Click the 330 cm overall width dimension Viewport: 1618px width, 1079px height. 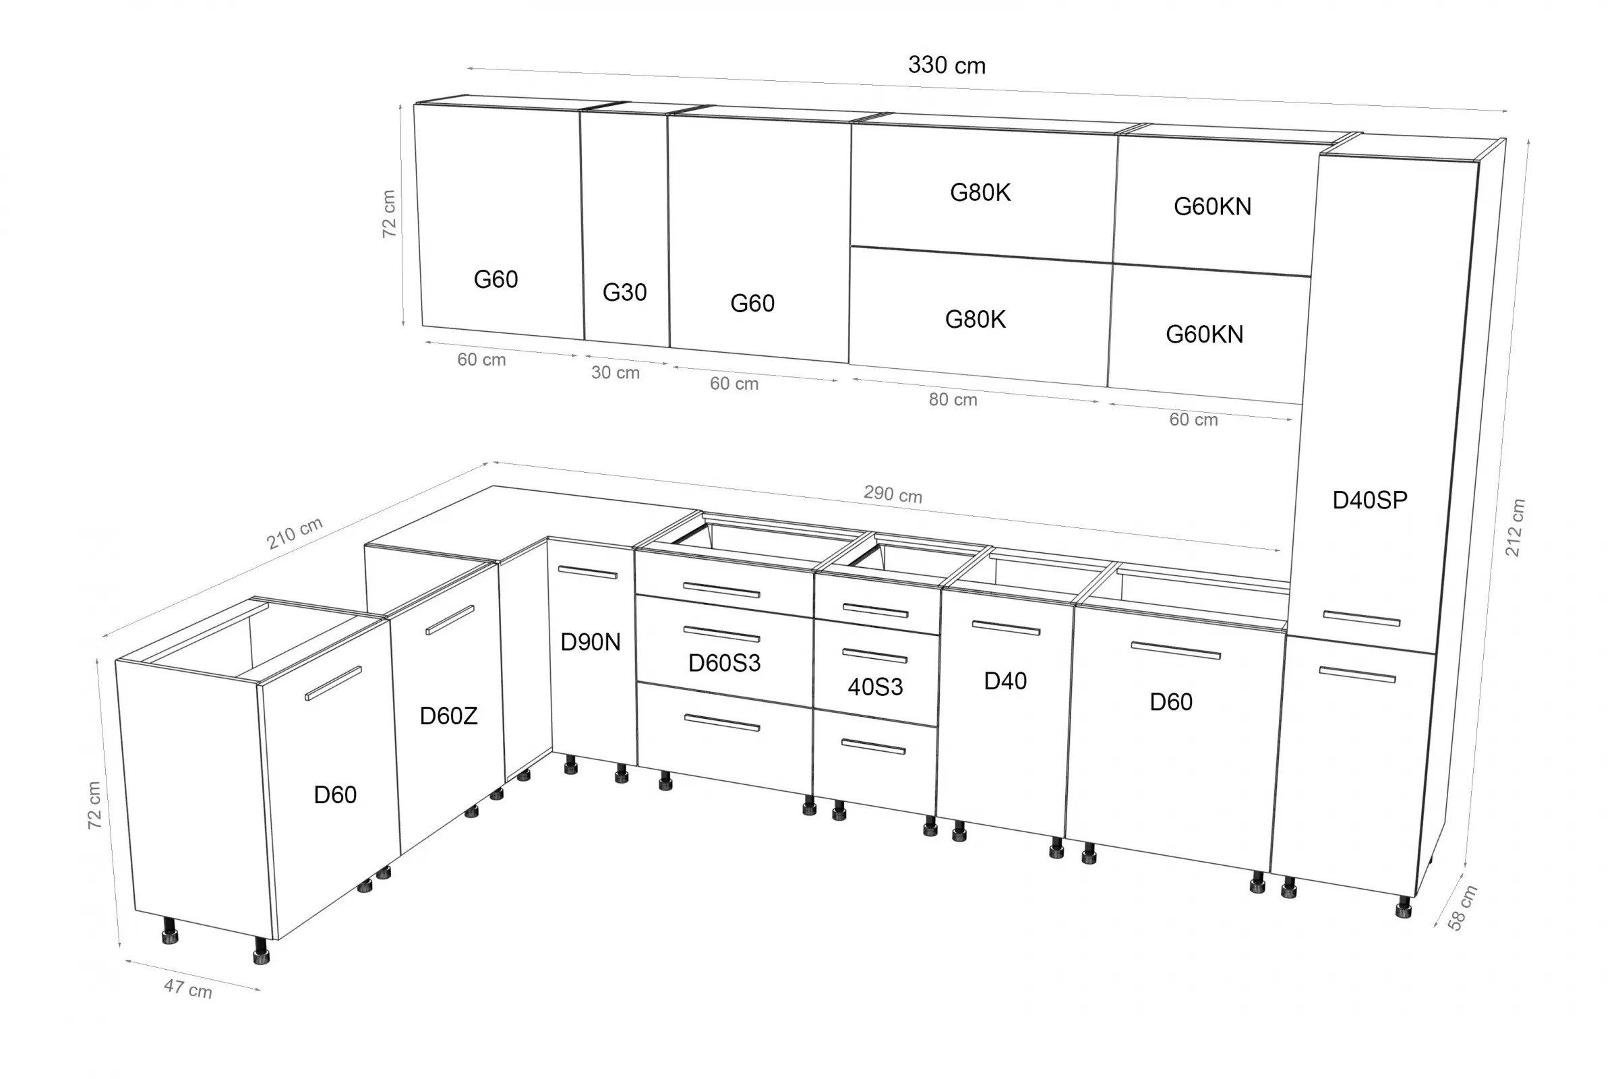pos(947,65)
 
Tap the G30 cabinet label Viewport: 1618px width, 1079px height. pos(624,293)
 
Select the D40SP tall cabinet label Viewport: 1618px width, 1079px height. pos(1370,500)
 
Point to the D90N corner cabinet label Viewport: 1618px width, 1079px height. pos(591,642)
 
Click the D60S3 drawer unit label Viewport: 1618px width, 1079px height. pos(724,663)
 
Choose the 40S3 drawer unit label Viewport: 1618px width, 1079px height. pos(875,686)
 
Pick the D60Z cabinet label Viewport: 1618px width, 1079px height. pos(448,716)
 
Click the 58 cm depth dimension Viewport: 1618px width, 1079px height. pos(1462,908)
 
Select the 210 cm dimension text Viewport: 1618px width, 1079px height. pos(295,533)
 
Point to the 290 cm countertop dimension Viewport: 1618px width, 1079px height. pos(893,494)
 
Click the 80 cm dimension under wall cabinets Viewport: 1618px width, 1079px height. pos(953,399)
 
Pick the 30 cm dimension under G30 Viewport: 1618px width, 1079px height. pos(615,372)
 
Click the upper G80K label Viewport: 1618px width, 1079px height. pos(980,193)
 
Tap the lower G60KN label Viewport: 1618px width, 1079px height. pos(1204,334)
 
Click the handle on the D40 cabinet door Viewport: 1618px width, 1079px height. pos(1006,629)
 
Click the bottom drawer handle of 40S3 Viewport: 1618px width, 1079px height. pos(874,747)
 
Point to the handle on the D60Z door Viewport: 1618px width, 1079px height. pos(450,619)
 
